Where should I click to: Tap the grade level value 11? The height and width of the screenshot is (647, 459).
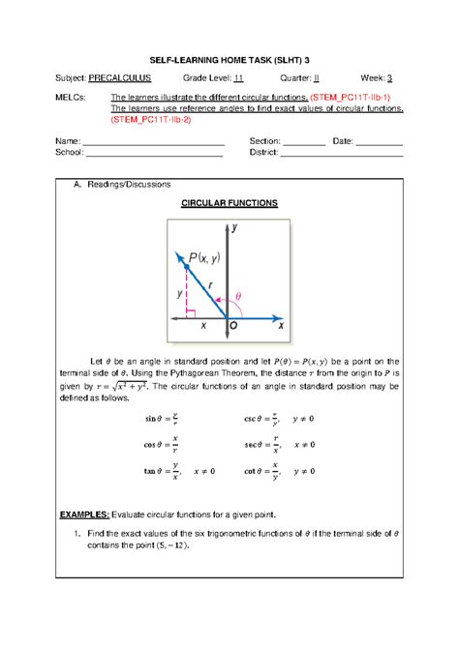click(x=238, y=79)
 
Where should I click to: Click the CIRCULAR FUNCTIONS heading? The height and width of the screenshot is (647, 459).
click(x=229, y=204)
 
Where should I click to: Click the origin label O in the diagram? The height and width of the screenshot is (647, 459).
click(x=232, y=327)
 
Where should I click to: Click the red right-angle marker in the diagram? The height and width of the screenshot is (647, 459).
click(x=193, y=312)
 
